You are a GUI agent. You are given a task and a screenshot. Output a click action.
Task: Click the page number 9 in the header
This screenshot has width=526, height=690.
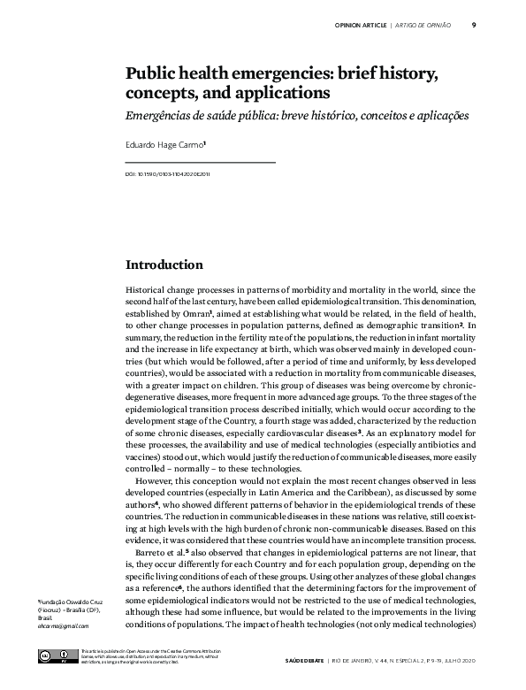coord(474,25)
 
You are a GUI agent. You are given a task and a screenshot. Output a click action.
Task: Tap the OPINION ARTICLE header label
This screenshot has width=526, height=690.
coord(361,25)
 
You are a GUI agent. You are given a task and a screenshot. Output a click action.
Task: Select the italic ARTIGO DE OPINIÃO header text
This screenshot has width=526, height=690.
coord(423,25)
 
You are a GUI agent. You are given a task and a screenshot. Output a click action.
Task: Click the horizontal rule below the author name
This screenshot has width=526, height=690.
coord(201,163)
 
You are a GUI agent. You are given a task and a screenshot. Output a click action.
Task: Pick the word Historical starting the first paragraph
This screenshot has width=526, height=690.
coord(147,289)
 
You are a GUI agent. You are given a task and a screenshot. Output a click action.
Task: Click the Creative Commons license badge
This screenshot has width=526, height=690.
coord(52,656)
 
